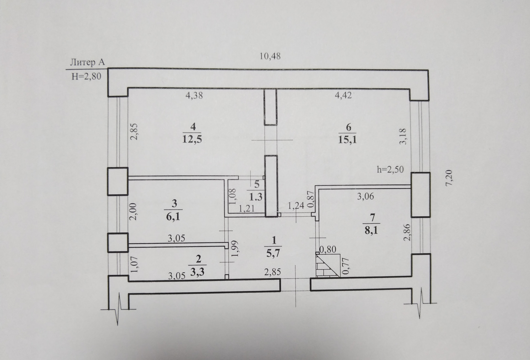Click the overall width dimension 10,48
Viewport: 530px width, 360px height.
pos(270,56)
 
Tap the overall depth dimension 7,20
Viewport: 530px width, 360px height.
pos(449,178)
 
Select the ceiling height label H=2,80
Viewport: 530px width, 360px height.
pos(86,76)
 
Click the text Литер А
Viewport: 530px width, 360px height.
pos(87,62)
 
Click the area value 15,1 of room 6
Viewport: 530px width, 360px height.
pos(347,140)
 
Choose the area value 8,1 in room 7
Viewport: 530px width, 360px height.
pos(371,230)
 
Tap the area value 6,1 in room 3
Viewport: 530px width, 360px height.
pos(173,216)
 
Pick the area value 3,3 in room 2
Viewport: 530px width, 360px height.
pos(197,272)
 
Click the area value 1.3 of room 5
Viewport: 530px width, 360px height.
pos(256,197)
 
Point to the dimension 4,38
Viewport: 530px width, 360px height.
pos(194,96)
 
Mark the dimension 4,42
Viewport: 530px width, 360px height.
pos(343,95)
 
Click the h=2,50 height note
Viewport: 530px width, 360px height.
pos(390,169)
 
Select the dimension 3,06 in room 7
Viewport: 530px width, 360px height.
pos(365,196)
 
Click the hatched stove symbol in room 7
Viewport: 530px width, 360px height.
pos(327,265)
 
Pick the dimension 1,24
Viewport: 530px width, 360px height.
pos(296,206)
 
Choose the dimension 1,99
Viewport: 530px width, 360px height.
pos(235,249)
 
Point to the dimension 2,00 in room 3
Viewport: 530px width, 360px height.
pos(133,211)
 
